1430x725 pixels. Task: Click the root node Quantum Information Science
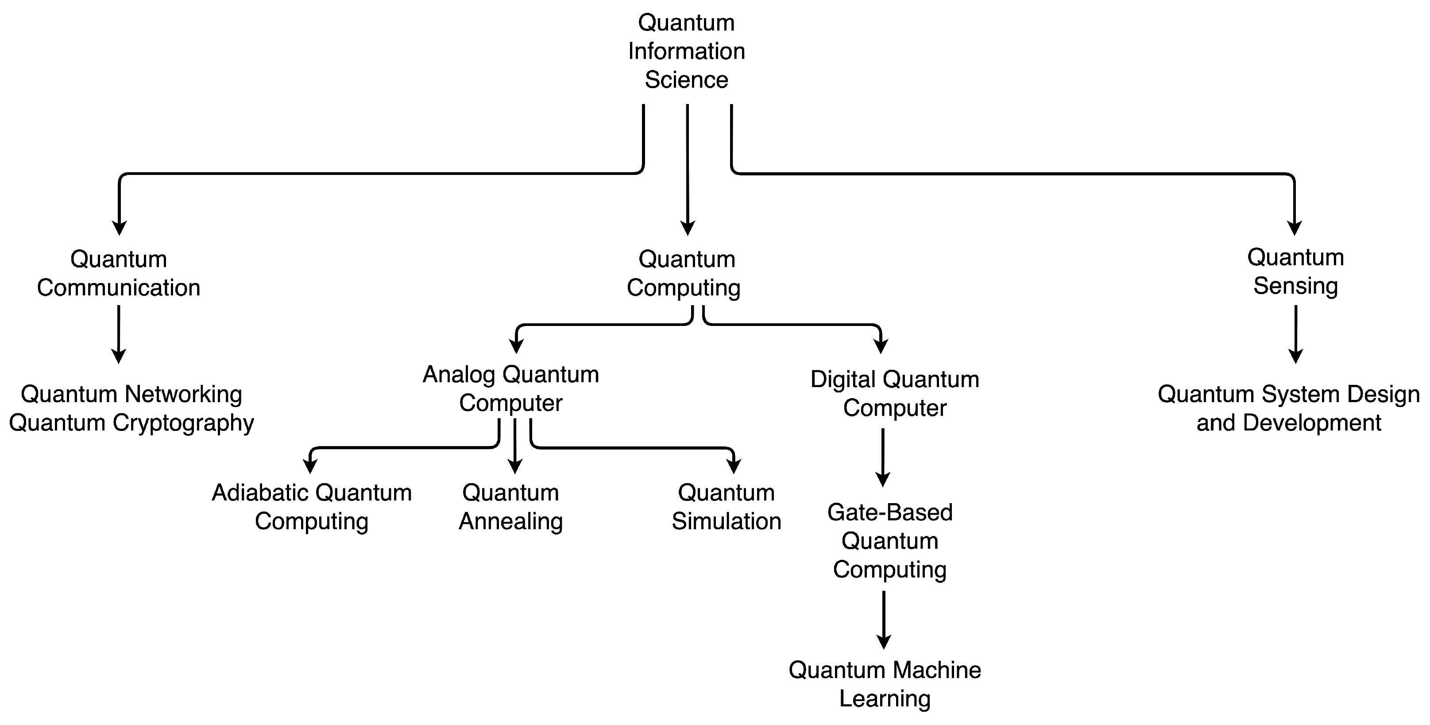click(x=686, y=51)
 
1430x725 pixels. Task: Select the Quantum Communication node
click(x=118, y=274)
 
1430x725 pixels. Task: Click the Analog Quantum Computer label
click(x=511, y=388)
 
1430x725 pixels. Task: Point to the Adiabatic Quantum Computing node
click(x=311, y=507)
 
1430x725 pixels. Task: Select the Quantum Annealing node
click(x=511, y=507)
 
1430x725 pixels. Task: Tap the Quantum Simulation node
click(x=726, y=507)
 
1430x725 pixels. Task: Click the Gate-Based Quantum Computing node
click(x=889, y=541)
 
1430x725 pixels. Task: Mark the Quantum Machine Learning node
click(x=885, y=684)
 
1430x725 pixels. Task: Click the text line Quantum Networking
click(x=131, y=395)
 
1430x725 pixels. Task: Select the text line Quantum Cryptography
click(x=131, y=423)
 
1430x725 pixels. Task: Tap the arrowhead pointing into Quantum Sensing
click(x=1295, y=228)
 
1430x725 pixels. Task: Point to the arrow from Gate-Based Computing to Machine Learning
click(x=883, y=619)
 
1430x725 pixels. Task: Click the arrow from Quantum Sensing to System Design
click(x=1296, y=333)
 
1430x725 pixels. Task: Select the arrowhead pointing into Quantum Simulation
click(x=734, y=466)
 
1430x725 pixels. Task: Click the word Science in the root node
click(x=686, y=80)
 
